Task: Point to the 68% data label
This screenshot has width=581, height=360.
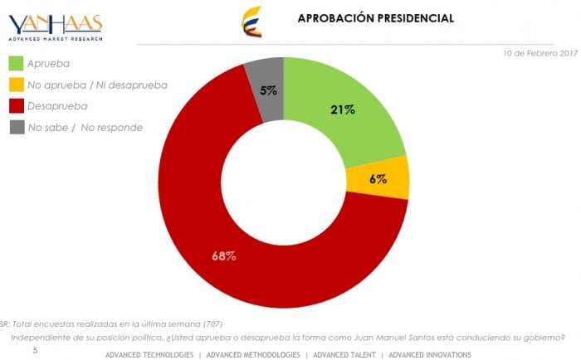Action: [x=224, y=255]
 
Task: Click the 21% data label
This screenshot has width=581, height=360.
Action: [x=342, y=109]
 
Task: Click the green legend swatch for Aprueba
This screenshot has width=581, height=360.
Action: [x=16, y=63]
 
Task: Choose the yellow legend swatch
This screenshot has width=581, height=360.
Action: [x=16, y=85]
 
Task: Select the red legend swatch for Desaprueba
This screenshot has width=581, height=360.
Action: [x=16, y=106]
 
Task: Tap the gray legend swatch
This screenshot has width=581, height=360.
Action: [x=16, y=128]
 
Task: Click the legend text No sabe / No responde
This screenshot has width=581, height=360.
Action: [x=85, y=128]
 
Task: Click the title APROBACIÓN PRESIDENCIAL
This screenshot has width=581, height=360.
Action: [x=375, y=17]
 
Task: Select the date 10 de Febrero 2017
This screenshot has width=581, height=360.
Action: [x=539, y=53]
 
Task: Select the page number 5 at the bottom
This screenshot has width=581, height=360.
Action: [x=35, y=352]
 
